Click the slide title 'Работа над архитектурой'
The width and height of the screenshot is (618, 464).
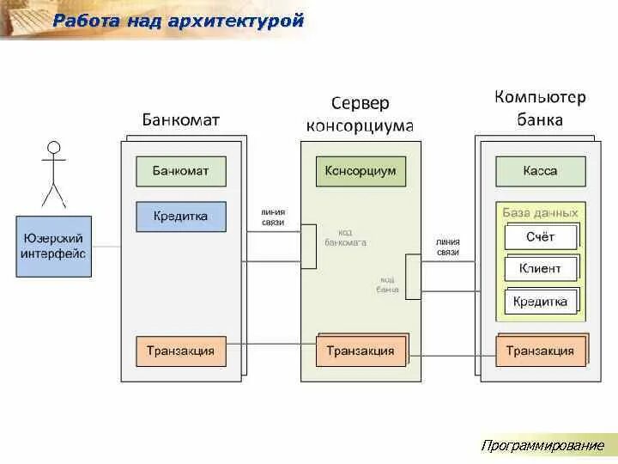click(179, 21)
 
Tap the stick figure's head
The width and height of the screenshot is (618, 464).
click(54, 147)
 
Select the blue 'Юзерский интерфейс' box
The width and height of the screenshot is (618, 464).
click(53, 246)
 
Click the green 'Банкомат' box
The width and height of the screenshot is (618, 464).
click(180, 171)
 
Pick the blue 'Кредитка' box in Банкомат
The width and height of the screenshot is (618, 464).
click(180, 217)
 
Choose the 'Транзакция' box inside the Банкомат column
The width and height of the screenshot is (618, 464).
click(180, 351)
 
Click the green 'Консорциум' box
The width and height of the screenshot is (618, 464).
click(360, 171)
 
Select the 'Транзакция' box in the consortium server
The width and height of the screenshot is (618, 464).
click(360, 351)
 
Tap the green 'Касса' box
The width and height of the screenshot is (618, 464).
click(540, 171)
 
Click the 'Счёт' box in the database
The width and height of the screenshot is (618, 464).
click(541, 236)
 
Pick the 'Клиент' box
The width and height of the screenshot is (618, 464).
click(540, 269)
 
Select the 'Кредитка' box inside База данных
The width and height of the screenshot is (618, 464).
click(540, 302)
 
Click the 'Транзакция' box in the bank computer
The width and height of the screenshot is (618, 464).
click(540, 351)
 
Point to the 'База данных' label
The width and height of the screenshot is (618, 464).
click(541, 212)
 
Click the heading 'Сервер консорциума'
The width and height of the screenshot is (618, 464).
click(360, 114)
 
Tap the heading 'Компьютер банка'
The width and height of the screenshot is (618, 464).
click(540, 108)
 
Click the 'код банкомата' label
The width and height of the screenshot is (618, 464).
click(345, 237)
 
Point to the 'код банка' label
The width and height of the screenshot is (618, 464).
click(387, 284)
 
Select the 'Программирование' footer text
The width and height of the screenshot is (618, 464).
click(542, 445)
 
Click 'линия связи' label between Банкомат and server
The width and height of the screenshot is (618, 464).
click(273, 217)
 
